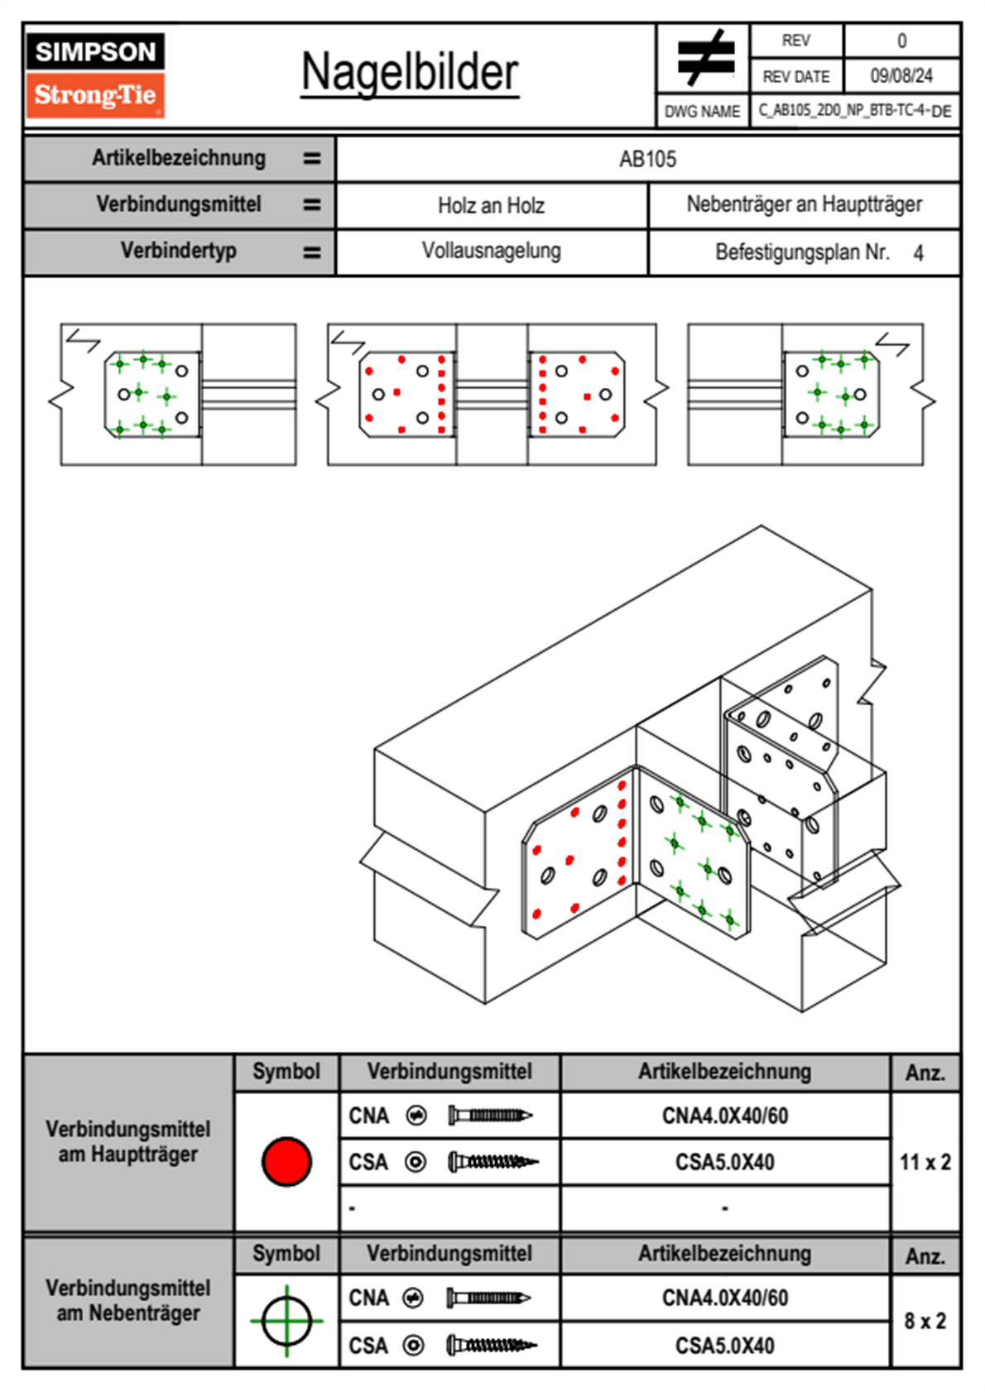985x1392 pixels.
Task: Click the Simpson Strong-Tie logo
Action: [x=95, y=74]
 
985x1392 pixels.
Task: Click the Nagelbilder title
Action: [x=410, y=73]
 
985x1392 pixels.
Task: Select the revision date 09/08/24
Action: [x=901, y=76]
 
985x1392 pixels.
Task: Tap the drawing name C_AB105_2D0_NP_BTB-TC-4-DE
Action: [x=854, y=111]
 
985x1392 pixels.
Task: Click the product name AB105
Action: [x=647, y=159]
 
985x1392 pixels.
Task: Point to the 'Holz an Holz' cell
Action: [x=491, y=205]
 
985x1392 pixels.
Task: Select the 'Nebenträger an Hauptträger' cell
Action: [x=804, y=204]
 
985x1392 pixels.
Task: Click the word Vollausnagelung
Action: [x=491, y=251]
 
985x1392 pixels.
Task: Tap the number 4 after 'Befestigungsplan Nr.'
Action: [x=918, y=253]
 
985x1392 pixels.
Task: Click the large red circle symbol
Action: [x=286, y=1161]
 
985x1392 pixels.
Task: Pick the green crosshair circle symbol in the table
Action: [x=286, y=1321]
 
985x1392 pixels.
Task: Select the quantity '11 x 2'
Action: [x=925, y=1162]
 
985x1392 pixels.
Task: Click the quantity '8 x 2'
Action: [x=925, y=1321]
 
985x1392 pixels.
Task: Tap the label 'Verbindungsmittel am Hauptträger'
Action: [x=128, y=1141]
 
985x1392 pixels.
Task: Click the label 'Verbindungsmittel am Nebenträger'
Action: [x=128, y=1300]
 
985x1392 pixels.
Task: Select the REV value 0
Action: [x=901, y=41]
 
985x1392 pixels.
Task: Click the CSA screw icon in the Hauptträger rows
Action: [x=492, y=1162]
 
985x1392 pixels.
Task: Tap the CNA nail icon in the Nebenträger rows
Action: [x=488, y=1298]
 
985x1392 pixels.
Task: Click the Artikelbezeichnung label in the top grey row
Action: [x=179, y=158]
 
